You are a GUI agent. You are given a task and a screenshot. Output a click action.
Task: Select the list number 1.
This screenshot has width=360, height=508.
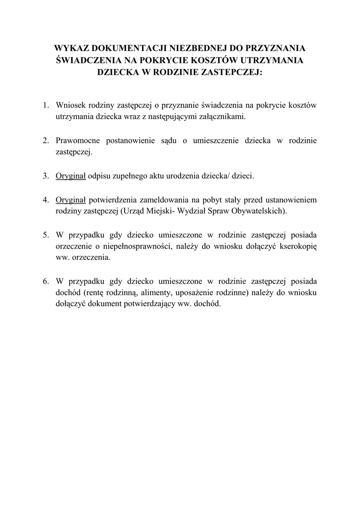pyautogui.click(x=45, y=105)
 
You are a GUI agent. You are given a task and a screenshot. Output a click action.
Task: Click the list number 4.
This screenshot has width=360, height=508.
pyautogui.click(x=45, y=200)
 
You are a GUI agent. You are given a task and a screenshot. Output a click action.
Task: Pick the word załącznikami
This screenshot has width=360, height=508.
pyautogui.click(x=223, y=117)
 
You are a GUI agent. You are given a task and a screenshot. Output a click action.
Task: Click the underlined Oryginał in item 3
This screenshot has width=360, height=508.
pyautogui.click(x=71, y=176)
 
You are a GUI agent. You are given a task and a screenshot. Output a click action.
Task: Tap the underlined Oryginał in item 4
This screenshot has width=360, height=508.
pyautogui.click(x=71, y=200)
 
